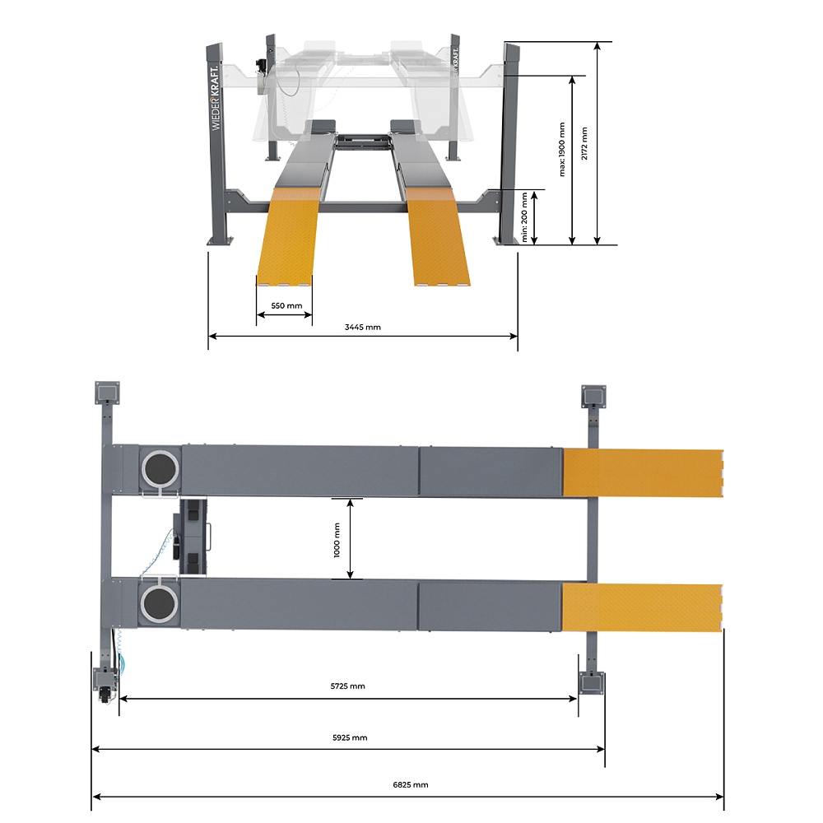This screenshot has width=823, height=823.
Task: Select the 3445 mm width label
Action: coord(362,327)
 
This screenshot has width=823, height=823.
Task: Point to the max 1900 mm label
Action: coord(563,149)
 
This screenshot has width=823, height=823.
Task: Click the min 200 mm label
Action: coord(525,216)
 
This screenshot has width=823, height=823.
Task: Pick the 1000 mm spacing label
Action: coord(337,539)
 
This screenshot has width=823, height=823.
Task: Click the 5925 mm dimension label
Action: coord(350,737)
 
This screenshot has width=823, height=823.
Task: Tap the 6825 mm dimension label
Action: coord(409,785)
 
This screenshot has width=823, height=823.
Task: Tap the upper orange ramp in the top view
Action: coord(642,472)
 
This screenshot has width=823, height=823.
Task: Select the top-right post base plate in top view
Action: coord(593,396)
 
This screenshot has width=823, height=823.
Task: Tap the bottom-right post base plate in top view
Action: coord(592,682)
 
